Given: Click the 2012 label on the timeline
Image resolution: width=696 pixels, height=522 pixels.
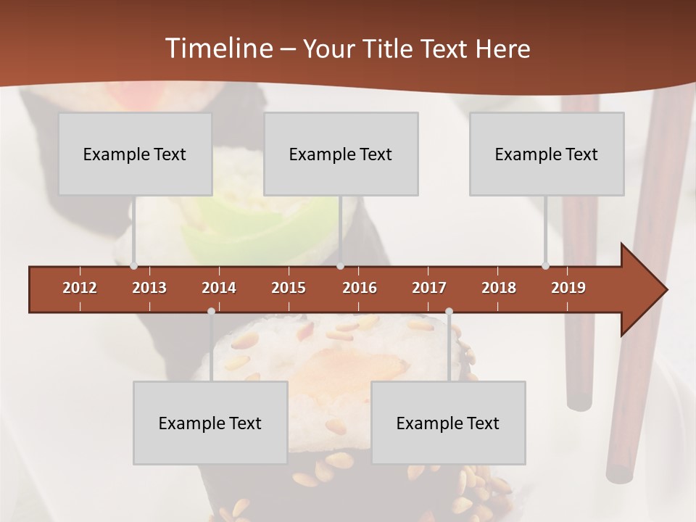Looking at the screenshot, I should tap(80, 288).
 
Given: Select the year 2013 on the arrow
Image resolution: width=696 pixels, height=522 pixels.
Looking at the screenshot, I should tap(149, 288).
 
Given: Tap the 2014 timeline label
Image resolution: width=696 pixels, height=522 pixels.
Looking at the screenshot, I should tap(219, 288).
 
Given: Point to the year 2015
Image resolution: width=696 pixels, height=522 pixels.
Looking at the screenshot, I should tap(289, 288).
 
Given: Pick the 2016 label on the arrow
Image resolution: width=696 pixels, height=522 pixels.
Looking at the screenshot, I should tap(360, 288).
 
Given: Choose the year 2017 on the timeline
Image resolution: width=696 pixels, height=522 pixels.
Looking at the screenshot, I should tap(429, 288).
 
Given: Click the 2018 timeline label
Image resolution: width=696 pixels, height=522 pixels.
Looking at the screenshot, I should tap(499, 288).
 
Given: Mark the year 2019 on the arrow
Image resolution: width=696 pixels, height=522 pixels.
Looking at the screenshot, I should tap(568, 288).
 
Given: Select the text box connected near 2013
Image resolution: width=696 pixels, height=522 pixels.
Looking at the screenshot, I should tap(135, 154).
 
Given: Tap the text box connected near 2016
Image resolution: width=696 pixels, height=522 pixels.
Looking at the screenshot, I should tap(341, 154).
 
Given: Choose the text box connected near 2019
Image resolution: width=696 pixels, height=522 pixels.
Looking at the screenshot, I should tap(547, 154).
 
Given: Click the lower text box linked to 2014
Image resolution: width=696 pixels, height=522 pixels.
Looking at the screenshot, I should tap(210, 423).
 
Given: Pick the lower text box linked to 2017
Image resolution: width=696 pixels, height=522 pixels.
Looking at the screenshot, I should tap(448, 423).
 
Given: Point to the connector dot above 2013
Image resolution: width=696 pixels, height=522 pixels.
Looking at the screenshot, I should tap(133, 266).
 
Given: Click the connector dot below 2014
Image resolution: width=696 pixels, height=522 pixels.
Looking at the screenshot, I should tap(211, 312).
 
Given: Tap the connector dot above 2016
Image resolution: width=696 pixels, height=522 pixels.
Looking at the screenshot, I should tap(341, 266).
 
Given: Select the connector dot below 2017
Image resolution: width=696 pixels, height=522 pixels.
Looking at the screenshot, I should tap(449, 312).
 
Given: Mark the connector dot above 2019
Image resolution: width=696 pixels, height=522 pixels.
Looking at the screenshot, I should tap(545, 266).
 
